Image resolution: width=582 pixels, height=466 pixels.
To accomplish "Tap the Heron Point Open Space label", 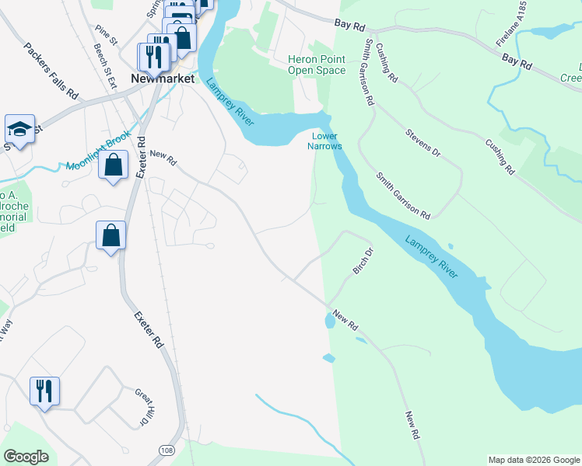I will tap(317, 64).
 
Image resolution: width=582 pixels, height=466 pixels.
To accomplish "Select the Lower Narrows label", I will tap(324, 141).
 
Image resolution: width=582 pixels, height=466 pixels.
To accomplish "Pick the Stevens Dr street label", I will tap(422, 144).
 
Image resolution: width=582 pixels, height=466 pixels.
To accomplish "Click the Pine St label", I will tap(106, 34).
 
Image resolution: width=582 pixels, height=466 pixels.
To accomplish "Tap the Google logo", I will tap(26, 457).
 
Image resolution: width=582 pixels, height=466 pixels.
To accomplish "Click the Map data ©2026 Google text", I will tap(533, 460).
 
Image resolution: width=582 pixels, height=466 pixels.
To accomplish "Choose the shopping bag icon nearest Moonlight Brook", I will tap(114, 165).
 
